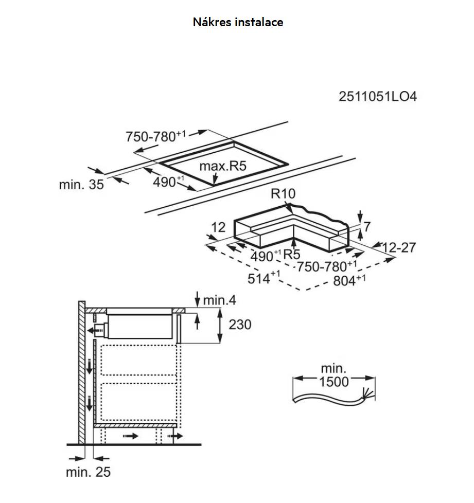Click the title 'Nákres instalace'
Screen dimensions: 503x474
point(238,22)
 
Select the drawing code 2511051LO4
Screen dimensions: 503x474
point(377,97)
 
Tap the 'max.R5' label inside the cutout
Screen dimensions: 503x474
point(223,166)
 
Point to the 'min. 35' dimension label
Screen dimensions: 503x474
point(81,185)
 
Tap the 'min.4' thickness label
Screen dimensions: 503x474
point(219,300)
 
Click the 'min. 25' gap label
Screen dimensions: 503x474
point(88,472)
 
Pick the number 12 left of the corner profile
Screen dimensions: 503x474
point(219,226)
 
